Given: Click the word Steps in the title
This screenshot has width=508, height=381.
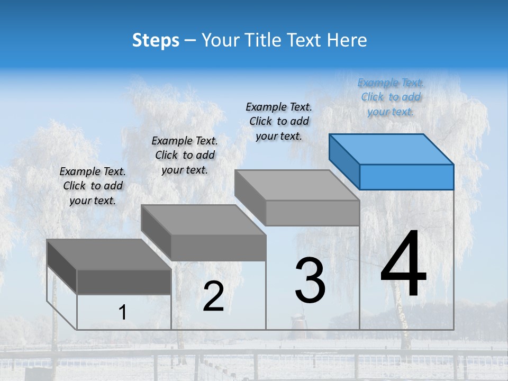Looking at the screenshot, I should point(156,40).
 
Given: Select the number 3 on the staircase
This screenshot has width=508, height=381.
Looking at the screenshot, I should point(310,280).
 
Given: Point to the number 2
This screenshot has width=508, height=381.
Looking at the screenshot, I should point(213,296).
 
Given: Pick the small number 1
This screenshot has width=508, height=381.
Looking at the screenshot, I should point(123,313).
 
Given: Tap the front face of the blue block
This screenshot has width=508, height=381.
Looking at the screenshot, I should point(406,177).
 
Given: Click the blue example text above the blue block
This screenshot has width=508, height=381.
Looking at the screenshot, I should point(391,97).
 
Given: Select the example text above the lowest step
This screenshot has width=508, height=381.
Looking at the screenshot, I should point(93,186).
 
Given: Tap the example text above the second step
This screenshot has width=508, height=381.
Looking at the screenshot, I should point(185,155).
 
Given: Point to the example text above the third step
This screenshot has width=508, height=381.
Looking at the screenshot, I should point(279,121).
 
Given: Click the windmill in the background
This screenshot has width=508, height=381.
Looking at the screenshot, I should point(298,321).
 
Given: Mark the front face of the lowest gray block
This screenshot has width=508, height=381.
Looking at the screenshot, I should point(124,282).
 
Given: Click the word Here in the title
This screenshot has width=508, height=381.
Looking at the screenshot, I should point(347,40).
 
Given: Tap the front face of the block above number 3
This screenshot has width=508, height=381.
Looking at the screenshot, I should point(312,213).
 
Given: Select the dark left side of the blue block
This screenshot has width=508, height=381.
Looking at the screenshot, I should point(344,161).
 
